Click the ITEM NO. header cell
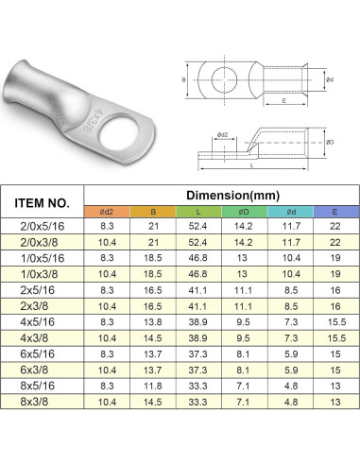[x=42, y=203]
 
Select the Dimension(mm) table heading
[x=232, y=196]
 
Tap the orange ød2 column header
[x=107, y=212]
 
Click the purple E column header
[x=334, y=212]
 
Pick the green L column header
[x=198, y=212]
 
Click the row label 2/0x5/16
[x=43, y=226]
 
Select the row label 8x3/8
[x=34, y=402]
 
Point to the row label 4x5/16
[x=37, y=322]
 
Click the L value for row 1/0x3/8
[x=197, y=274]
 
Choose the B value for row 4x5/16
[x=153, y=322]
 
